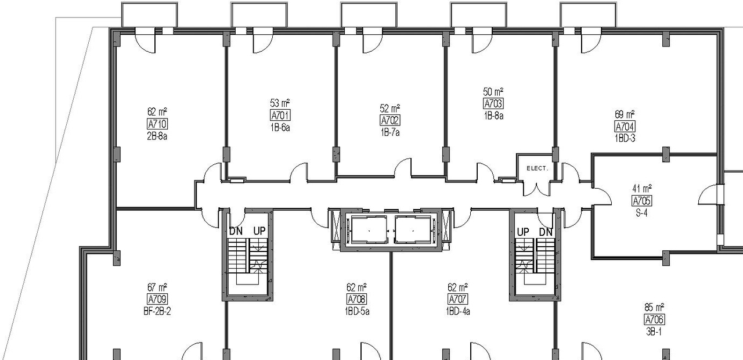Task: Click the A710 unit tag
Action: [x=157, y=124]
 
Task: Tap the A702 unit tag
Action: [x=389, y=120]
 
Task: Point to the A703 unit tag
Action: [x=493, y=103]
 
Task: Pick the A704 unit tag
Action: [x=625, y=127]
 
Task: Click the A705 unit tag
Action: [x=641, y=200]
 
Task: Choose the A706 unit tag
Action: [x=654, y=319]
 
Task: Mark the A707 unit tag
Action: [x=458, y=299]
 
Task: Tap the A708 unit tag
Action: [x=356, y=299]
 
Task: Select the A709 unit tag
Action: [x=157, y=299]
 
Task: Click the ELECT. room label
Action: [x=537, y=168]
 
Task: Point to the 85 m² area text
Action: [x=654, y=308]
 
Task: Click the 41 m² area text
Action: [x=641, y=189]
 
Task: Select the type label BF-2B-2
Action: [x=157, y=311]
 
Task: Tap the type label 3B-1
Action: [x=654, y=331]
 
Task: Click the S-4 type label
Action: [x=641, y=212]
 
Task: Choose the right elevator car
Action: [x=413, y=231]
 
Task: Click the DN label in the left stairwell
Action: [x=236, y=231]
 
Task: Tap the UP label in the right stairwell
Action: [x=524, y=232]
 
